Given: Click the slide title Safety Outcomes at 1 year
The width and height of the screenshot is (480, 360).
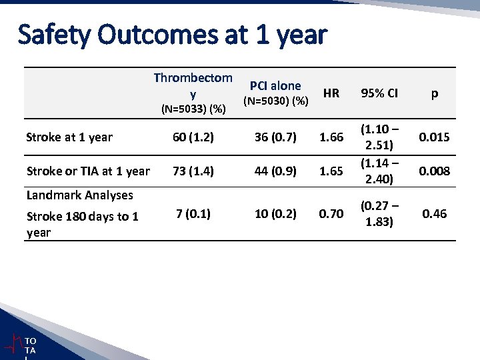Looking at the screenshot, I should point(173,35).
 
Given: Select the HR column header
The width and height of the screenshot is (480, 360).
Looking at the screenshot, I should point(331,93).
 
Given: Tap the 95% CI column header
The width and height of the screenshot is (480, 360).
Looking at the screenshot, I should point(379,93).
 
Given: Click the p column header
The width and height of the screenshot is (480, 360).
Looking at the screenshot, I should point(434,93).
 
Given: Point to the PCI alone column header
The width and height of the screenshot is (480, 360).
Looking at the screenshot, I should point(275,85).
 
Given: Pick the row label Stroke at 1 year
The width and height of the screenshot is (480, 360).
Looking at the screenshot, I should point(69,137).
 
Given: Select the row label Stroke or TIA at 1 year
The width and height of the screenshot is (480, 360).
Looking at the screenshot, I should point(88,171).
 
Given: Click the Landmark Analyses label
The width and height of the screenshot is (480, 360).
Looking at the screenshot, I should point(79,195).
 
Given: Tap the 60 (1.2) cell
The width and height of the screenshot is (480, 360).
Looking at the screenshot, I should point(193,137).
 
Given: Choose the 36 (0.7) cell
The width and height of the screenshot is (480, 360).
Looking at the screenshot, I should point(275,137).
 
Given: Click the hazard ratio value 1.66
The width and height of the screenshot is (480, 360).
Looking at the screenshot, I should point(331,137).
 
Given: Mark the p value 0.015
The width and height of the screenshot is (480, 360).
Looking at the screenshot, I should point(434,137).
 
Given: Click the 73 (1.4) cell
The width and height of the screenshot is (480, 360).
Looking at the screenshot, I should point(193,171).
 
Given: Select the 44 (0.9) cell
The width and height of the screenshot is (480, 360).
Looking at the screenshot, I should point(275,171).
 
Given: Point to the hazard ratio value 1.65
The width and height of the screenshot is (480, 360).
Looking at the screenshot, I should point(331,171).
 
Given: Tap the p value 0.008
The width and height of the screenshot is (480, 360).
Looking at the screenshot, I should point(434,171).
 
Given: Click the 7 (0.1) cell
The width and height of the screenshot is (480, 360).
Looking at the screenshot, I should point(193,214).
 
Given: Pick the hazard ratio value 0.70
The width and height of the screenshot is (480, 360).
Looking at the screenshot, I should point(331,214).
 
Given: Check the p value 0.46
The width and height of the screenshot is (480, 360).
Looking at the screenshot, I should point(434,214).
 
